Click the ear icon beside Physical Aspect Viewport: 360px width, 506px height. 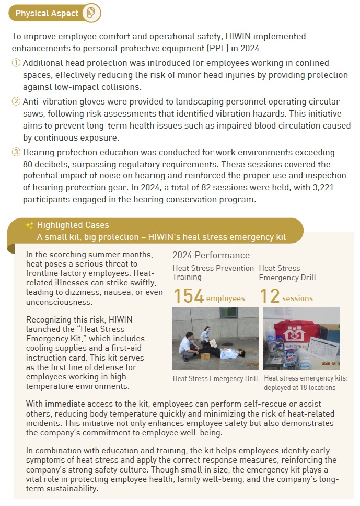pos(91,13)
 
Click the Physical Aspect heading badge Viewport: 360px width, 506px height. pos(47,13)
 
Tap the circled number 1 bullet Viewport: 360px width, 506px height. pos(16,63)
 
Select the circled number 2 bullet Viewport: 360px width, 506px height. pos(16,101)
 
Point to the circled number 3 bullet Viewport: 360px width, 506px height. pos(16,152)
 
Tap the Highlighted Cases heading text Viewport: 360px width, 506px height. pos(73,225)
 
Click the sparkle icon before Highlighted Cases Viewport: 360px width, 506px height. pos(29,225)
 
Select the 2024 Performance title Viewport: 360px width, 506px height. pos(211,256)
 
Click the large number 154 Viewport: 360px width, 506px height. pos(188,296)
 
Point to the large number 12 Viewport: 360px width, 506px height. pos(270,296)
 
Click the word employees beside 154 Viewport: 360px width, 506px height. pos(225,298)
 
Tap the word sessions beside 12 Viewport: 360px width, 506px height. pos(297,298)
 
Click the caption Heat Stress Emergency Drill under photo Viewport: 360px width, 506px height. pos(215,378)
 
